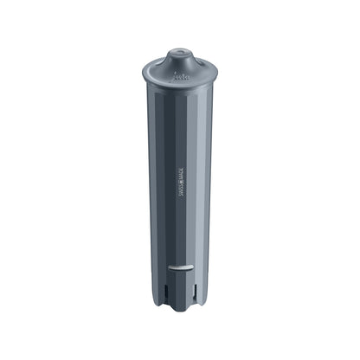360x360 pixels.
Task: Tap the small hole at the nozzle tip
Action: point(179,52)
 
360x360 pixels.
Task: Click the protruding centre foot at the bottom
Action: point(179,303)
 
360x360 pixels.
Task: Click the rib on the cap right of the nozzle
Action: point(201,63)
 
